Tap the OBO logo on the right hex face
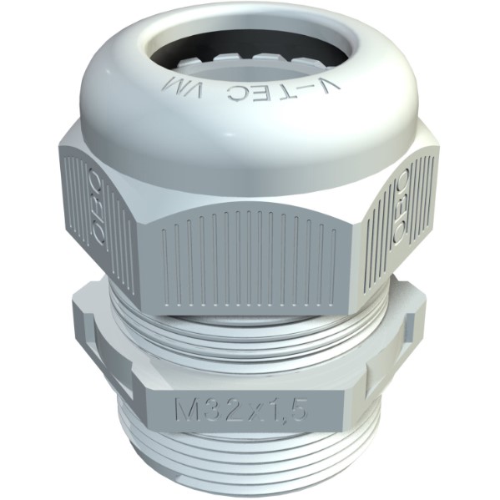coord(402,208)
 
